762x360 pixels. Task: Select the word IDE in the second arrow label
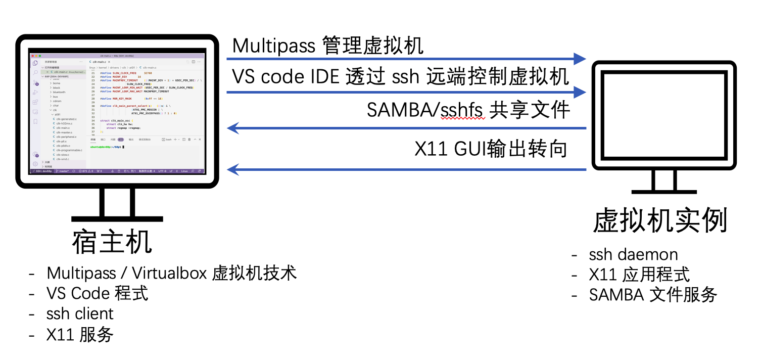(x=323, y=77)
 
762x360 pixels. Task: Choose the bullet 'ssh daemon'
(x=633, y=254)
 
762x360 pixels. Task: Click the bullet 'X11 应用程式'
(x=639, y=275)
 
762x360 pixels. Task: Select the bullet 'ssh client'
(x=80, y=313)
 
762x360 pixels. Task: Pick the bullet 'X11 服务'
(x=80, y=334)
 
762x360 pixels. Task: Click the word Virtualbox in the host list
(x=169, y=273)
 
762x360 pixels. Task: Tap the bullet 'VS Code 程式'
(x=98, y=293)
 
